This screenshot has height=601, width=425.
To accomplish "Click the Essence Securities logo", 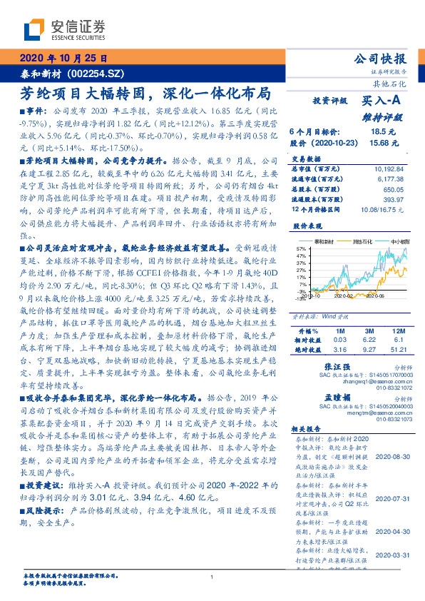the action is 63,29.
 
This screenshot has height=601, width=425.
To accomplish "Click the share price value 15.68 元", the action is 378,143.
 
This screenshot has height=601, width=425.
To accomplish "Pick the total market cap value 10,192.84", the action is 389,169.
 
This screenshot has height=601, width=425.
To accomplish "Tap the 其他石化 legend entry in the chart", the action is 348,242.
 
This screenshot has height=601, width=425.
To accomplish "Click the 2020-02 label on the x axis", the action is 344,295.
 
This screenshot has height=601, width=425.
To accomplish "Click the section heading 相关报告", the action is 308,428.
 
